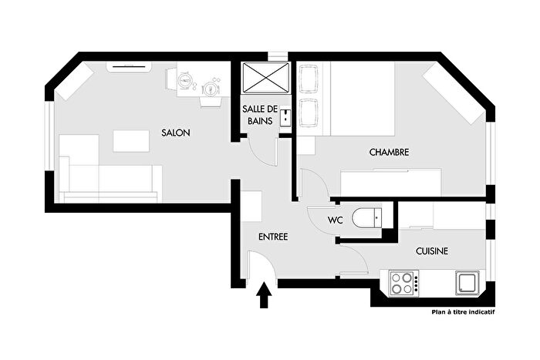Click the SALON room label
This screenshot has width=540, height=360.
tap(176, 133)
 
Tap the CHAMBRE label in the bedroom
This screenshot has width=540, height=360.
tap(389, 153)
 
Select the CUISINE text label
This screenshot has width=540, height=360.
tap(432, 251)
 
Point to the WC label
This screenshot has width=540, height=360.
tap(335, 220)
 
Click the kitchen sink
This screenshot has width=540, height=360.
tap(467, 283)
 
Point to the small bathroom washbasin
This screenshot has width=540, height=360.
tap(285, 117)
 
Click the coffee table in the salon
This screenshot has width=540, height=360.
tap(131, 141)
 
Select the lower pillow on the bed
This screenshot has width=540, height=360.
tap(309, 113)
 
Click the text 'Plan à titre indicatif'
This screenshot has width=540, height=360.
tap(463, 313)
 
